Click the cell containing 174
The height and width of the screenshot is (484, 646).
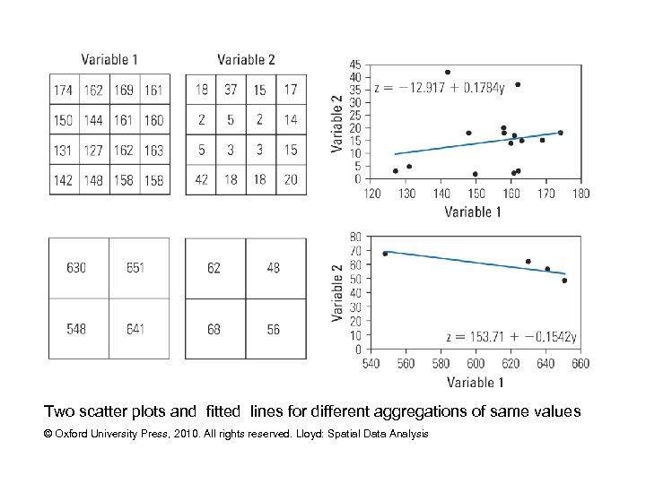point(64,91)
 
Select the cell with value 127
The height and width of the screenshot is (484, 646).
point(93,151)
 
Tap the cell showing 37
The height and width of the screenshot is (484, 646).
point(231,91)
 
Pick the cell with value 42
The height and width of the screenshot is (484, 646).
point(201,180)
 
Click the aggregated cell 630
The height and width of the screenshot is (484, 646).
point(76,268)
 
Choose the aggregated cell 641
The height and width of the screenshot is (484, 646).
point(136,329)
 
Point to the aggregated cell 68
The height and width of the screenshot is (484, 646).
point(214,329)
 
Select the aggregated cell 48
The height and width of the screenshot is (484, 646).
point(274,268)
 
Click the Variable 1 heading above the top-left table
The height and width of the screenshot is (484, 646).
point(109,60)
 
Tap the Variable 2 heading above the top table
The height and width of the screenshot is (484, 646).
point(246,60)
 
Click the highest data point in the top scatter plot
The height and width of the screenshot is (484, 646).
point(448,73)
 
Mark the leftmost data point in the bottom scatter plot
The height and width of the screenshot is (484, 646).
point(386,254)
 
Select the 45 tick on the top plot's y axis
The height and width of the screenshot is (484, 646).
point(355,65)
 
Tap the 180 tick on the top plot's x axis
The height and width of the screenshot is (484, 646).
point(581,193)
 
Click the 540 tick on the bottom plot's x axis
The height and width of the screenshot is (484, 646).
point(371,364)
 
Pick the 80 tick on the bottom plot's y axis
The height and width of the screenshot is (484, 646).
point(355,237)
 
